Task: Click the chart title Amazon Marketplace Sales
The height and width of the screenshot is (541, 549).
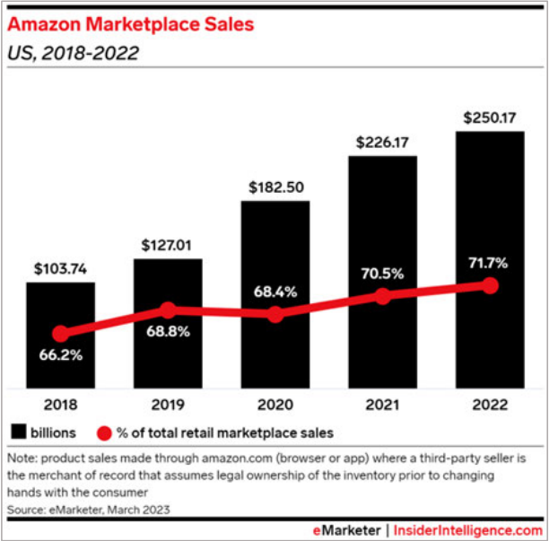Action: (x=132, y=22)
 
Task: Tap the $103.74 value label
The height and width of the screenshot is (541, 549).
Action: (x=60, y=267)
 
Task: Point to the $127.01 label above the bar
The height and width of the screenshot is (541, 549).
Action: (x=168, y=244)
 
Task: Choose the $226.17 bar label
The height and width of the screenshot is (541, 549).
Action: (x=382, y=141)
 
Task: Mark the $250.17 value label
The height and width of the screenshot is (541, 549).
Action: (x=490, y=117)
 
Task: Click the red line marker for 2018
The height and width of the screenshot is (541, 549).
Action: (x=60, y=333)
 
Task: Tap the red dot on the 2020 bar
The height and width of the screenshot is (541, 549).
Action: (x=275, y=314)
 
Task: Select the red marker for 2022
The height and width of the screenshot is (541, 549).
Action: (x=490, y=285)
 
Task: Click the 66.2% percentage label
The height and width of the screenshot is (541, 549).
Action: (x=60, y=354)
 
